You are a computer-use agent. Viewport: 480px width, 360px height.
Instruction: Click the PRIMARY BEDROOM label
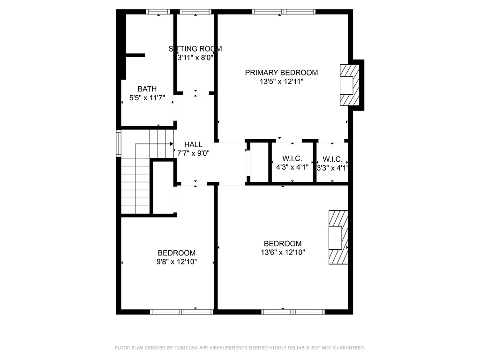[281, 73]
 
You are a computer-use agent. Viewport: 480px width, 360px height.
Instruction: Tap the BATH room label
[147, 89]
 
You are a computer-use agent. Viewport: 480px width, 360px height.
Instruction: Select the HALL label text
[193, 144]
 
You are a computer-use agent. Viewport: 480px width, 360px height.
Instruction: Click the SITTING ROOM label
[195, 49]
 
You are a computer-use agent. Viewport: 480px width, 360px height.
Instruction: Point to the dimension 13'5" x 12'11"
[282, 82]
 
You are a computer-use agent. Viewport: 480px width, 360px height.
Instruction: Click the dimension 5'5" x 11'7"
[147, 98]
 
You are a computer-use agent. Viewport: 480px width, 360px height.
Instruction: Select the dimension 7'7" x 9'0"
[193, 153]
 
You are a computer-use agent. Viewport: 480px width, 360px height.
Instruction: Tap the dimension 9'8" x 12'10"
[177, 262]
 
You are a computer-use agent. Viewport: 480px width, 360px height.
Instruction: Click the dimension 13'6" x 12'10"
[283, 253]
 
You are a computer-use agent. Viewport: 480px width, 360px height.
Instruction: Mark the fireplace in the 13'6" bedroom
[338, 237]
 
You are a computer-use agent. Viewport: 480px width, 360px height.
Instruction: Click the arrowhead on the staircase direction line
[172, 143]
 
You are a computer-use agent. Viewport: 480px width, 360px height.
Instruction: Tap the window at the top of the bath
[158, 12]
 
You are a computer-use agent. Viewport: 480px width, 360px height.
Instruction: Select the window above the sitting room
[195, 12]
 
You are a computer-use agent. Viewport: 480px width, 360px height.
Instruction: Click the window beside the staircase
[119, 143]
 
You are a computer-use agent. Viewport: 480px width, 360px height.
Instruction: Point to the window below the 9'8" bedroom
[181, 312]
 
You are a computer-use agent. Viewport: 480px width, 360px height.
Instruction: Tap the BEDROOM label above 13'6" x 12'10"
[283, 244]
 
